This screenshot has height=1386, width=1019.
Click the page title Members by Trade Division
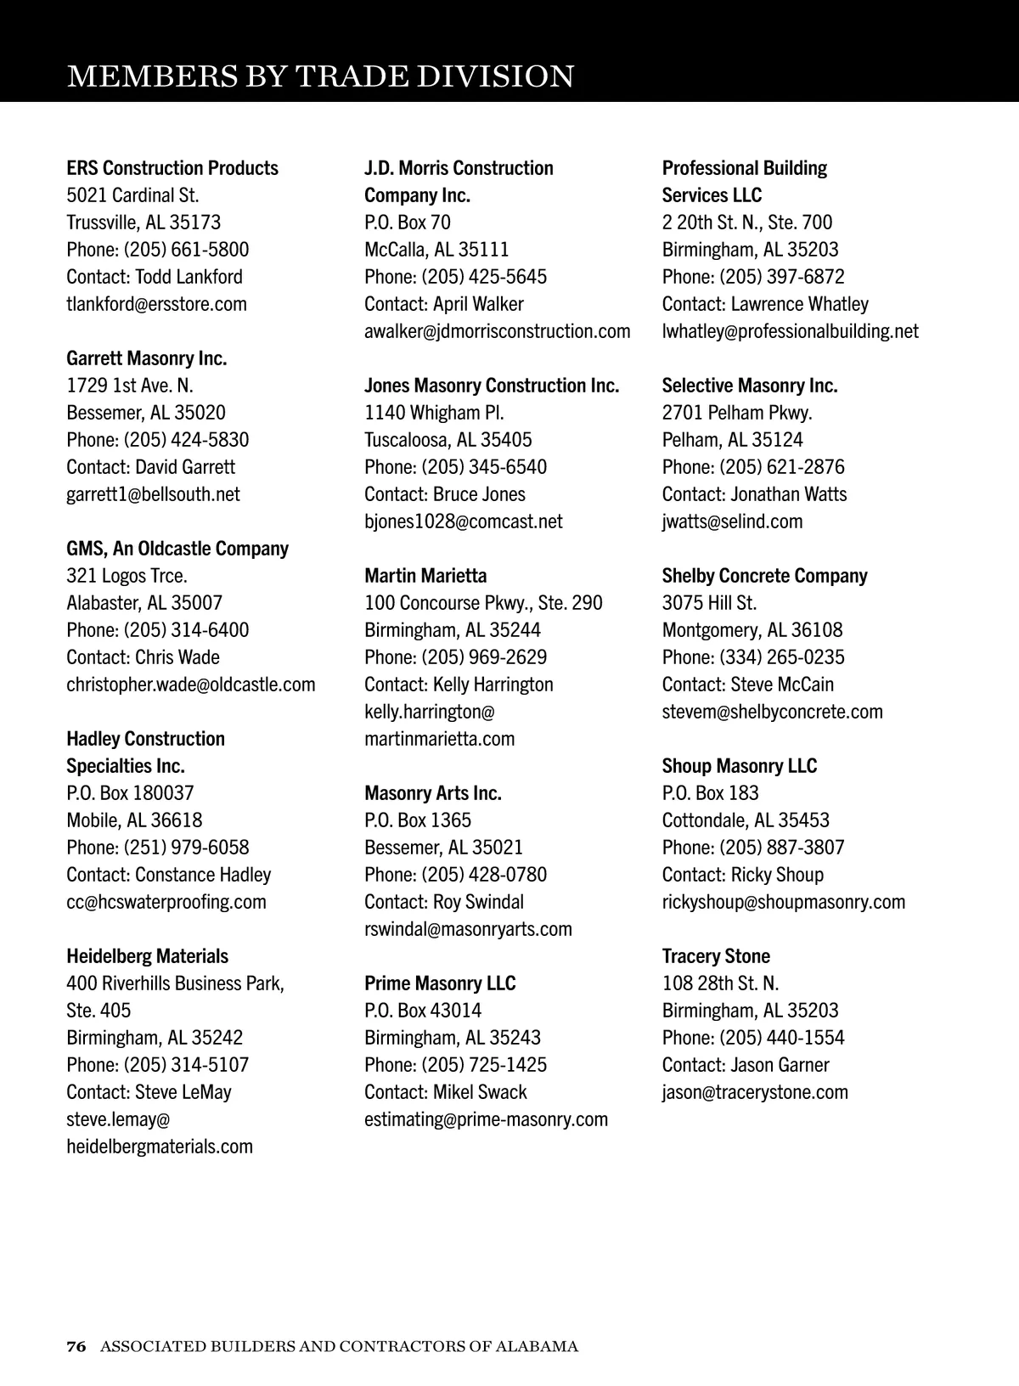[x=320, y=76]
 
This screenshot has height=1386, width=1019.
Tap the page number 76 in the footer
[x=76, y=1346]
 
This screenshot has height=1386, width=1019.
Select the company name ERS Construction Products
[x=172, y=168]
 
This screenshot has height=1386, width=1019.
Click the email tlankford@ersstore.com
[x=157, y=304]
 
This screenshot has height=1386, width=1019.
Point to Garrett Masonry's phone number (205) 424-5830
[x=186, y=440]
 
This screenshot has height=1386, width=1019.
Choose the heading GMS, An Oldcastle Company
[x=177, y=549]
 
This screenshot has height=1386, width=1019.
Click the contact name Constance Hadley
[x=203, y=875]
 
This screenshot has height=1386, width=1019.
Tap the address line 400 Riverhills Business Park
[x=176, y=983]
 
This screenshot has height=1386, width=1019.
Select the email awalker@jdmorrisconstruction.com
[x=498, y=331]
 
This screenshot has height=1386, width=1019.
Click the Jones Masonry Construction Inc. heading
[x=492, y=386]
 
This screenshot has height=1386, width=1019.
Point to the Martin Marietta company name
[x=425, y=576]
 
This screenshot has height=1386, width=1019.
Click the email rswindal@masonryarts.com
[x=468, y=929]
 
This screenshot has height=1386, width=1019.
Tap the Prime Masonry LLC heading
[x=440, y=983]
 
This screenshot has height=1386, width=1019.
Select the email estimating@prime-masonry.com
[x=487, y=1119]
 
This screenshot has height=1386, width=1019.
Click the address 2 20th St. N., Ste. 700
[x=747, y=223]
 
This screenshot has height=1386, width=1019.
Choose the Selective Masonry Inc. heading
[x=750, y=386]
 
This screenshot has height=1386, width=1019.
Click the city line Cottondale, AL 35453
[x=746, y=820]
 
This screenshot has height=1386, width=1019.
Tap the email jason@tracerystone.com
[x=755, y=1092]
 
